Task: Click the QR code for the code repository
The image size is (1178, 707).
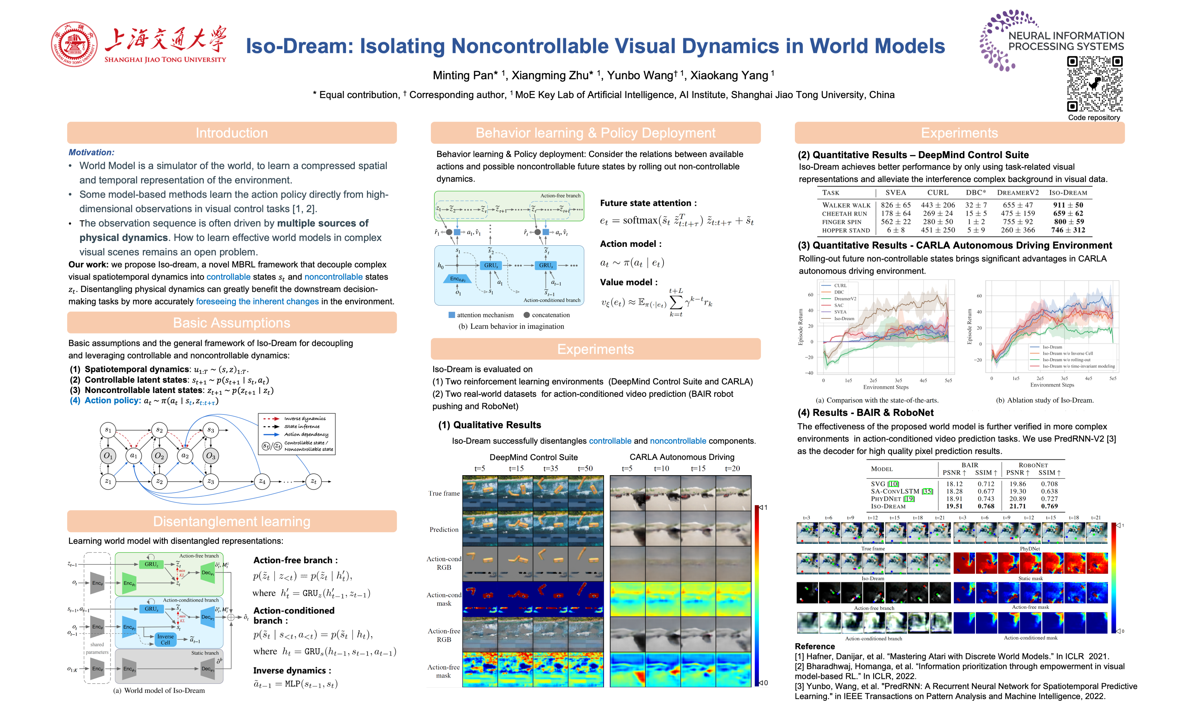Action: (1094, 84)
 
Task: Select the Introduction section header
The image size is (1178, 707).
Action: (231, 133)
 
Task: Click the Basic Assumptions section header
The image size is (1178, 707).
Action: (231, 323)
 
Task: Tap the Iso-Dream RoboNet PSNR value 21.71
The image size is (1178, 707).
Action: (1017, 506)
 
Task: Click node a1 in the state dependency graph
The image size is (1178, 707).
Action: (134, 455)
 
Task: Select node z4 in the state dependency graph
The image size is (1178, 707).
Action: (262, 481)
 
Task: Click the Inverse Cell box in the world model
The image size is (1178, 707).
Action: (165, 639)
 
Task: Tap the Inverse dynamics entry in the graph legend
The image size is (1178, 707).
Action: (305, 419)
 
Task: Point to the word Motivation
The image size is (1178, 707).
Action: (91, 153)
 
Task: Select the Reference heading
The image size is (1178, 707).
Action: (814, 647)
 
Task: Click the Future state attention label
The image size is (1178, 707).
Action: (648, 203)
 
